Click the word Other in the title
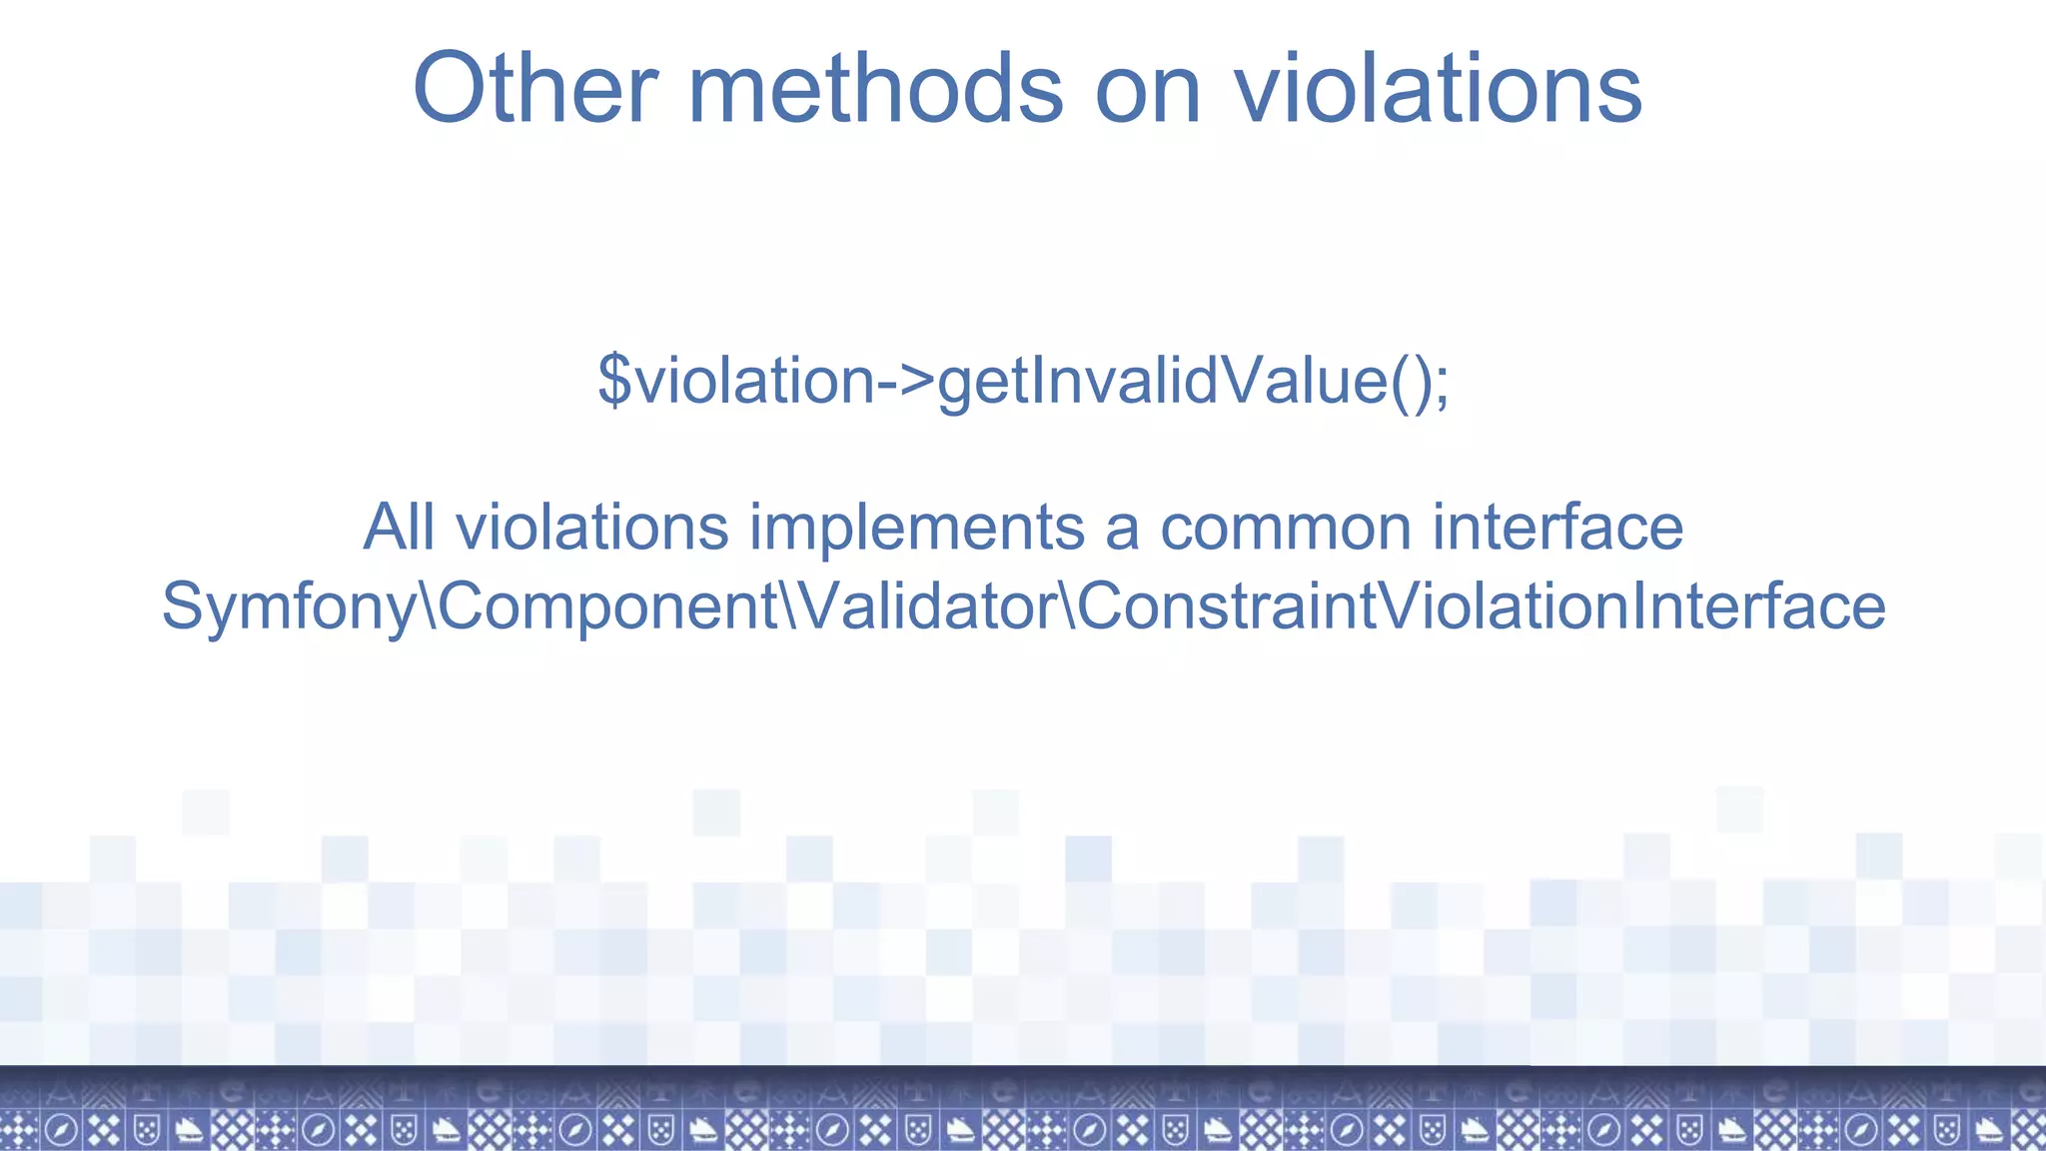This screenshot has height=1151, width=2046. pos(535,89)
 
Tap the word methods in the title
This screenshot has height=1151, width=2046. pos(875,89)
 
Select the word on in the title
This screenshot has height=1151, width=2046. pos(1147,89)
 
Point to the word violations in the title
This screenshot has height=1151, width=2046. pos(1438,89)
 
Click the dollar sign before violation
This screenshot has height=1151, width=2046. pos(613,381)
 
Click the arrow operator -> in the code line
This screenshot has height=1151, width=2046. pos(906,381)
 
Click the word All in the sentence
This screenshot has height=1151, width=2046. pos(399,527)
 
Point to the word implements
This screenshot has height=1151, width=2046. pos(916,527)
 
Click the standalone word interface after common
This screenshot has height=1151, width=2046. pos(1557,527)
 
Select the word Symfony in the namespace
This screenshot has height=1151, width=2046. pos(288,606)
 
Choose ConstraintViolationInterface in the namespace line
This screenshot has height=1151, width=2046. pos(1481,606)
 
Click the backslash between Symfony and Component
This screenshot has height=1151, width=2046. pos(427,606)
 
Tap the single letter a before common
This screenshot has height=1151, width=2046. pos(1121,529)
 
